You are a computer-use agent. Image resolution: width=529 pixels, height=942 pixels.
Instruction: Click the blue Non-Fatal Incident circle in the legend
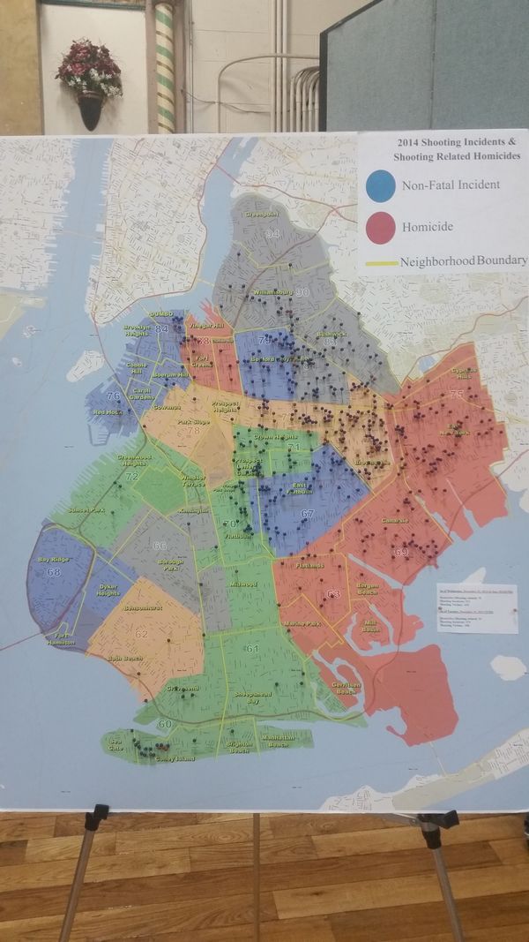click(x=380, y=185)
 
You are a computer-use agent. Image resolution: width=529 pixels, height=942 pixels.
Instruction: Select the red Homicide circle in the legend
click(x=380, y=227)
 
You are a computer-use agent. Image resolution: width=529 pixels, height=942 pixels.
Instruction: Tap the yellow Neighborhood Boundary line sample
click(x=380, y=262)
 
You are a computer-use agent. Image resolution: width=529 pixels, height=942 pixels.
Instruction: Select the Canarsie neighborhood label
click(x=394, y=521)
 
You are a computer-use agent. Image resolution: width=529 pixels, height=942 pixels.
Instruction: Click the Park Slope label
click(x=192, y=423)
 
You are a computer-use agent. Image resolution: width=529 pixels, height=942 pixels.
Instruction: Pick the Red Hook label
click(x=106, y=412)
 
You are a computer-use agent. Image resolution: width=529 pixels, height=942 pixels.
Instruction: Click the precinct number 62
click(x=142, y=634)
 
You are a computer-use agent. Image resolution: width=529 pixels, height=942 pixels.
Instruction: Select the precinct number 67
click(x=307, y=514)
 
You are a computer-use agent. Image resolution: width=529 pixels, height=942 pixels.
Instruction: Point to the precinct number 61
click(x=253, y=649)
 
